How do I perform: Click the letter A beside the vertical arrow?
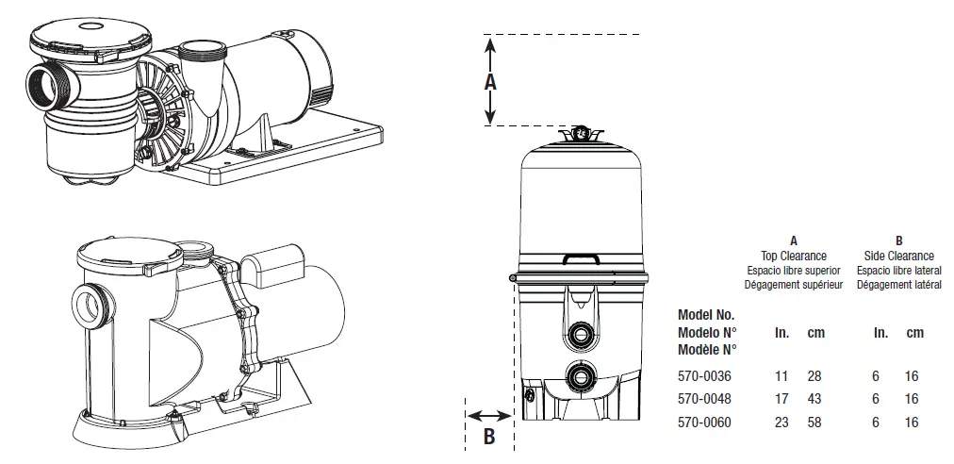490,82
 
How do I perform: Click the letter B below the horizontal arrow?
489,436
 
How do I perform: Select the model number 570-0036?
704,375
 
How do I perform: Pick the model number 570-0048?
704,399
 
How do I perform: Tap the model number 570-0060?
704,423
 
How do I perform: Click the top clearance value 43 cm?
814,399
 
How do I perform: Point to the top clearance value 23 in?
781,423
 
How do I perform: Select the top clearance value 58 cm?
814,423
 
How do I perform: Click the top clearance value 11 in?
781,375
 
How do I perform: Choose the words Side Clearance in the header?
898,256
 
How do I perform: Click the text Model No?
706,315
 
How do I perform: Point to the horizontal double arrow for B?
489,414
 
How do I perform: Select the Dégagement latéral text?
898,283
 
